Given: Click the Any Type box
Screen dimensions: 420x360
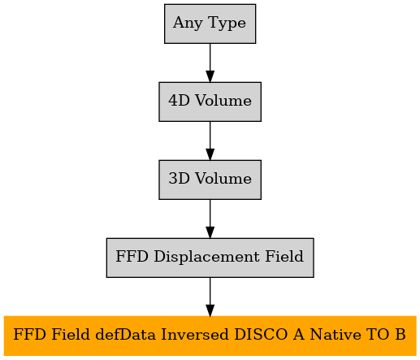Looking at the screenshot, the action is (210, 24).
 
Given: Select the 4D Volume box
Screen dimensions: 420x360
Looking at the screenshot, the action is (210, 102).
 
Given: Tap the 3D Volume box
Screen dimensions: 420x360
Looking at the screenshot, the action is (210, 180).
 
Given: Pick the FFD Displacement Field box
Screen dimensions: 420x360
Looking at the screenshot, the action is (210, 258).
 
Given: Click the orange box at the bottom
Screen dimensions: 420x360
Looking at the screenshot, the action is (210, 336).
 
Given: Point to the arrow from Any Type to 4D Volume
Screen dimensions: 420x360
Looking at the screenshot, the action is (210, 63).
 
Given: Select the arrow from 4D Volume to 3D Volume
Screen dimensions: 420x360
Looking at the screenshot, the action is (210, 141).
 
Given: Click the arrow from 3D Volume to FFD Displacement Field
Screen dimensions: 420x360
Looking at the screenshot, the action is (210, 219).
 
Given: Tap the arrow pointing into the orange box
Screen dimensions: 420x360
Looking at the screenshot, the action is (210, 297).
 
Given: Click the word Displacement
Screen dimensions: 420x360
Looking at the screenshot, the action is (206, 257).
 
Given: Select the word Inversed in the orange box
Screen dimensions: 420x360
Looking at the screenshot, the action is (195, 334).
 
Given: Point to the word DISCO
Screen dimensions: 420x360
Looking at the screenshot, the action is (261, 334).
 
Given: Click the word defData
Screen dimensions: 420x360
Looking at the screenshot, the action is (126, 334).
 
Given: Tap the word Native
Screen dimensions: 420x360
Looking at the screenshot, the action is (335, 334).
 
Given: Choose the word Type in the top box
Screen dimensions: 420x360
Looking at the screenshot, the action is (227, 23).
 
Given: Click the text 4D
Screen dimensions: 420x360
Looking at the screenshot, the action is (179, 101).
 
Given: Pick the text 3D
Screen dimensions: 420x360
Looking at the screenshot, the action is (179, 179).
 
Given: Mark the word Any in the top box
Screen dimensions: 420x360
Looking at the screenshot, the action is (188, 23).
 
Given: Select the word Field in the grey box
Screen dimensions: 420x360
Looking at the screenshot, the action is (284, 256).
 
